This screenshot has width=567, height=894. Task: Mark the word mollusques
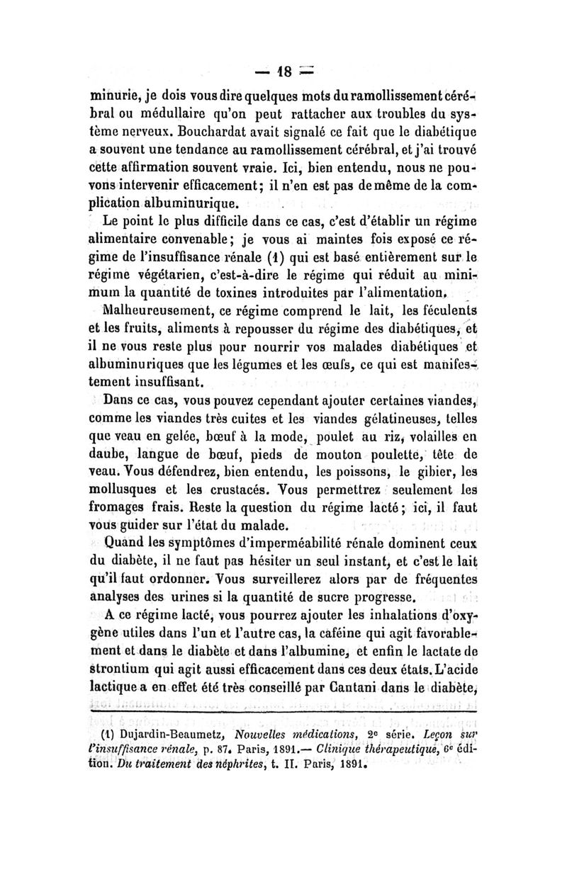(x=133, y=490)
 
